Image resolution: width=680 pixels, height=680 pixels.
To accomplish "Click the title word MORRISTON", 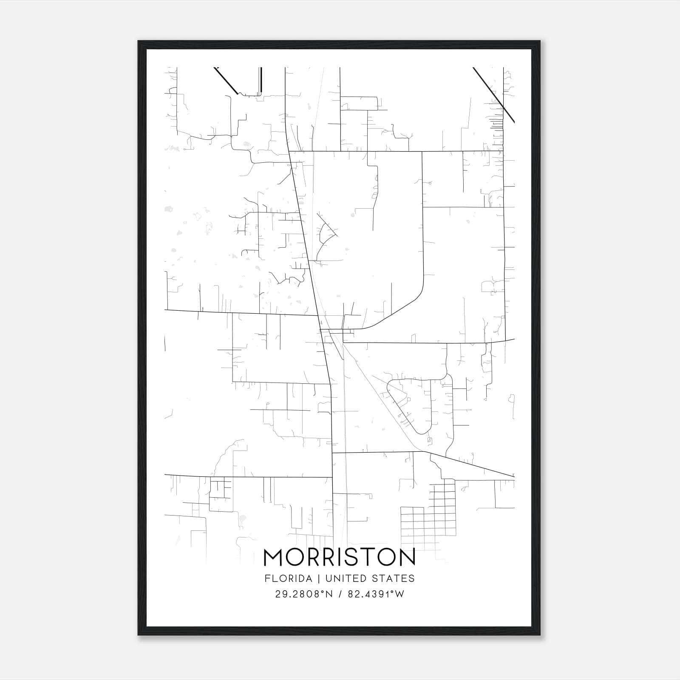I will (x=340, y=557).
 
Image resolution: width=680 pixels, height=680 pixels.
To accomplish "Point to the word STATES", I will (x=394, y=578).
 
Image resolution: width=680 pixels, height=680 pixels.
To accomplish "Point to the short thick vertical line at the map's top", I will (x=261, y=80).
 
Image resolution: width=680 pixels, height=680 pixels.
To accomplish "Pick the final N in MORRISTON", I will (x=407, y=557).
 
